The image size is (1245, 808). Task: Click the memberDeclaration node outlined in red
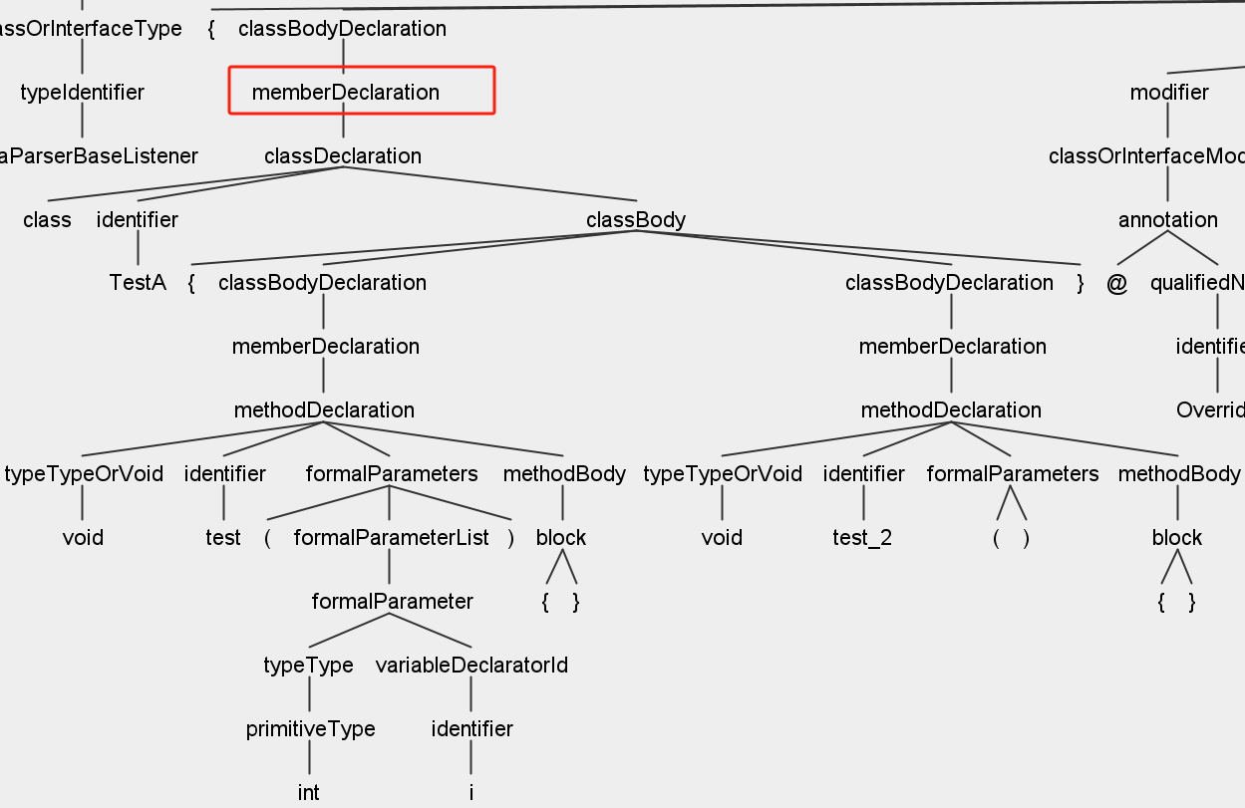[345, 93]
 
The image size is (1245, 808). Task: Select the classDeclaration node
[342, 156]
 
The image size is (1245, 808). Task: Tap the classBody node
[635, 220]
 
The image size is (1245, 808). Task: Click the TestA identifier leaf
[137, 283]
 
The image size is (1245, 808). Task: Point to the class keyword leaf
[47, 220]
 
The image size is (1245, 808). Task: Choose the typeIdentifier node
[82, 93]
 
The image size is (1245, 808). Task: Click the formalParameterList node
[391, 538]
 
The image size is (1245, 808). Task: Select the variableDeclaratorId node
[471, 666]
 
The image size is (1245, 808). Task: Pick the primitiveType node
[310, 729]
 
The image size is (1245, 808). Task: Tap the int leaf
[309, 793]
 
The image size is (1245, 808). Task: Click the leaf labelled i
[470, 793]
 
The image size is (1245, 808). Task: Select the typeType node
[308, 666]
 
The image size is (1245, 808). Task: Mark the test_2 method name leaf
[862, 538]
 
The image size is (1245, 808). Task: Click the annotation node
[1167, 220]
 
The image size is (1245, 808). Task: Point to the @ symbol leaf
[1116, 283]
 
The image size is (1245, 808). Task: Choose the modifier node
[1168, 93]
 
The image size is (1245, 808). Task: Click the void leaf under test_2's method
[722, 538]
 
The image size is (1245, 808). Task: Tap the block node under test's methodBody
[560, 538]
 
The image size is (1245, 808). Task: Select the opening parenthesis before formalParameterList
[267, 538]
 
